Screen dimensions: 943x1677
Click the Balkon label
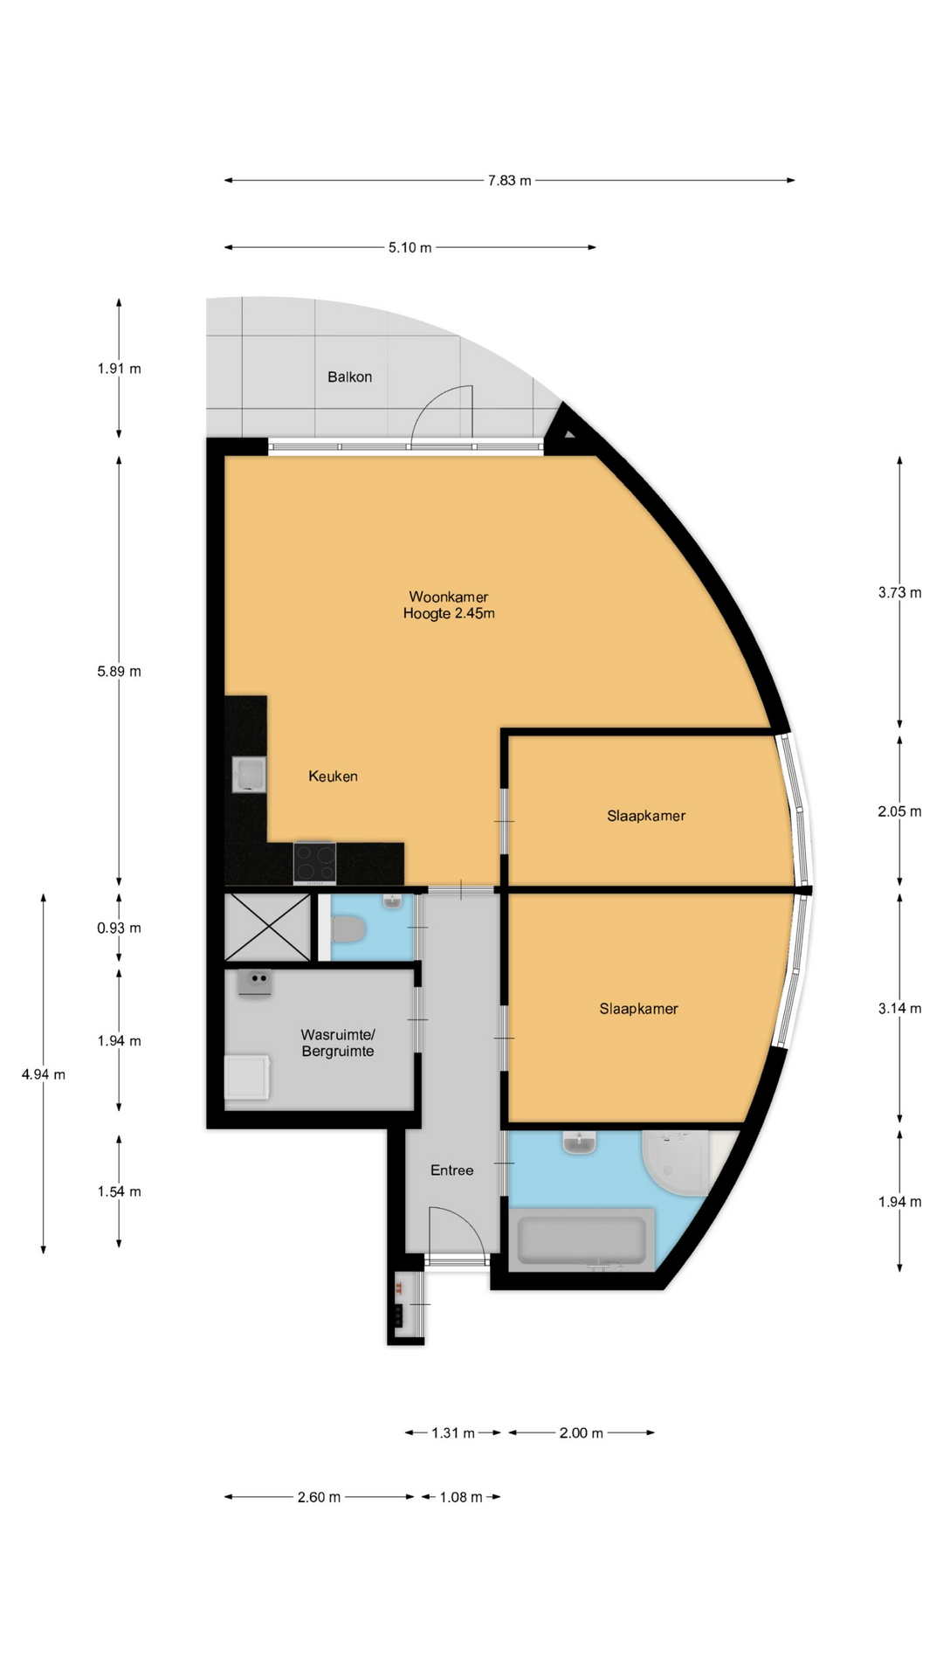coord(349,377)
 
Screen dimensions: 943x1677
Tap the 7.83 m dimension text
coord(509,181)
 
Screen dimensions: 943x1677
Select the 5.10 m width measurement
coord(410,248)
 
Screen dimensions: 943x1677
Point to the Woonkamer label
coord(449,597)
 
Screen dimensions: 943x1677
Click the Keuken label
coord(333,776)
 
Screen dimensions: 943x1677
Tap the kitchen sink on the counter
coord(249,775)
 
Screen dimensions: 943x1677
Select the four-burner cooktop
coord(314,863)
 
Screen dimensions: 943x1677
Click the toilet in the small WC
coord(349,929)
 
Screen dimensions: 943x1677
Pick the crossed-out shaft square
coord(267,927)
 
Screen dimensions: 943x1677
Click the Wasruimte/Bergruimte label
coord(338,1043)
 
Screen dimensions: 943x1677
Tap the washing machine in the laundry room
coord(247,1078)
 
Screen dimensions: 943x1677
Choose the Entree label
coord(451,1170)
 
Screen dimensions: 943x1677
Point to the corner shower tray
coord(676,1162)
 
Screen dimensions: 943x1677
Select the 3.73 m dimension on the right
coord(899,593)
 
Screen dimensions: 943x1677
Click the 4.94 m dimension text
coord(44,1075)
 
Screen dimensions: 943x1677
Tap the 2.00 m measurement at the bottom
coord(582,1433)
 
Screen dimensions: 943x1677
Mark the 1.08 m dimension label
coord(461,1498)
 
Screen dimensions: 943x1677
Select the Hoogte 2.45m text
coord(449,614)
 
